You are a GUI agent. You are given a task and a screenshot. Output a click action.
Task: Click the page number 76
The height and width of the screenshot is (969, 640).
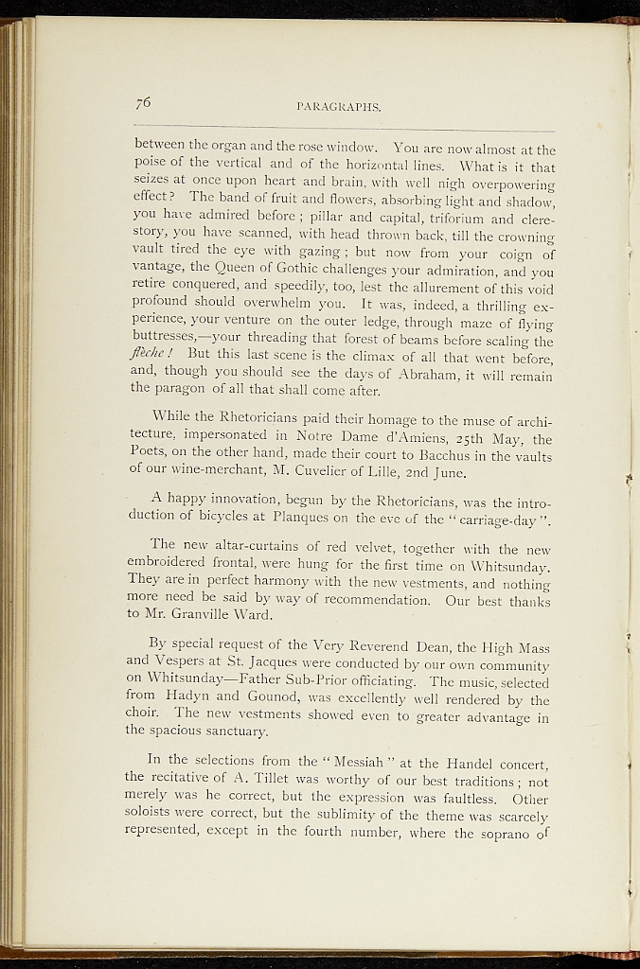pos(144,103)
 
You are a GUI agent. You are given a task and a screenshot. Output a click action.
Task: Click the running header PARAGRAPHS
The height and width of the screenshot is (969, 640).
pos(338,108)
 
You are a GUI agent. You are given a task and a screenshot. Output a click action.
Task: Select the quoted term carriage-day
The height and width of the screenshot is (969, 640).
pos(500,520)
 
